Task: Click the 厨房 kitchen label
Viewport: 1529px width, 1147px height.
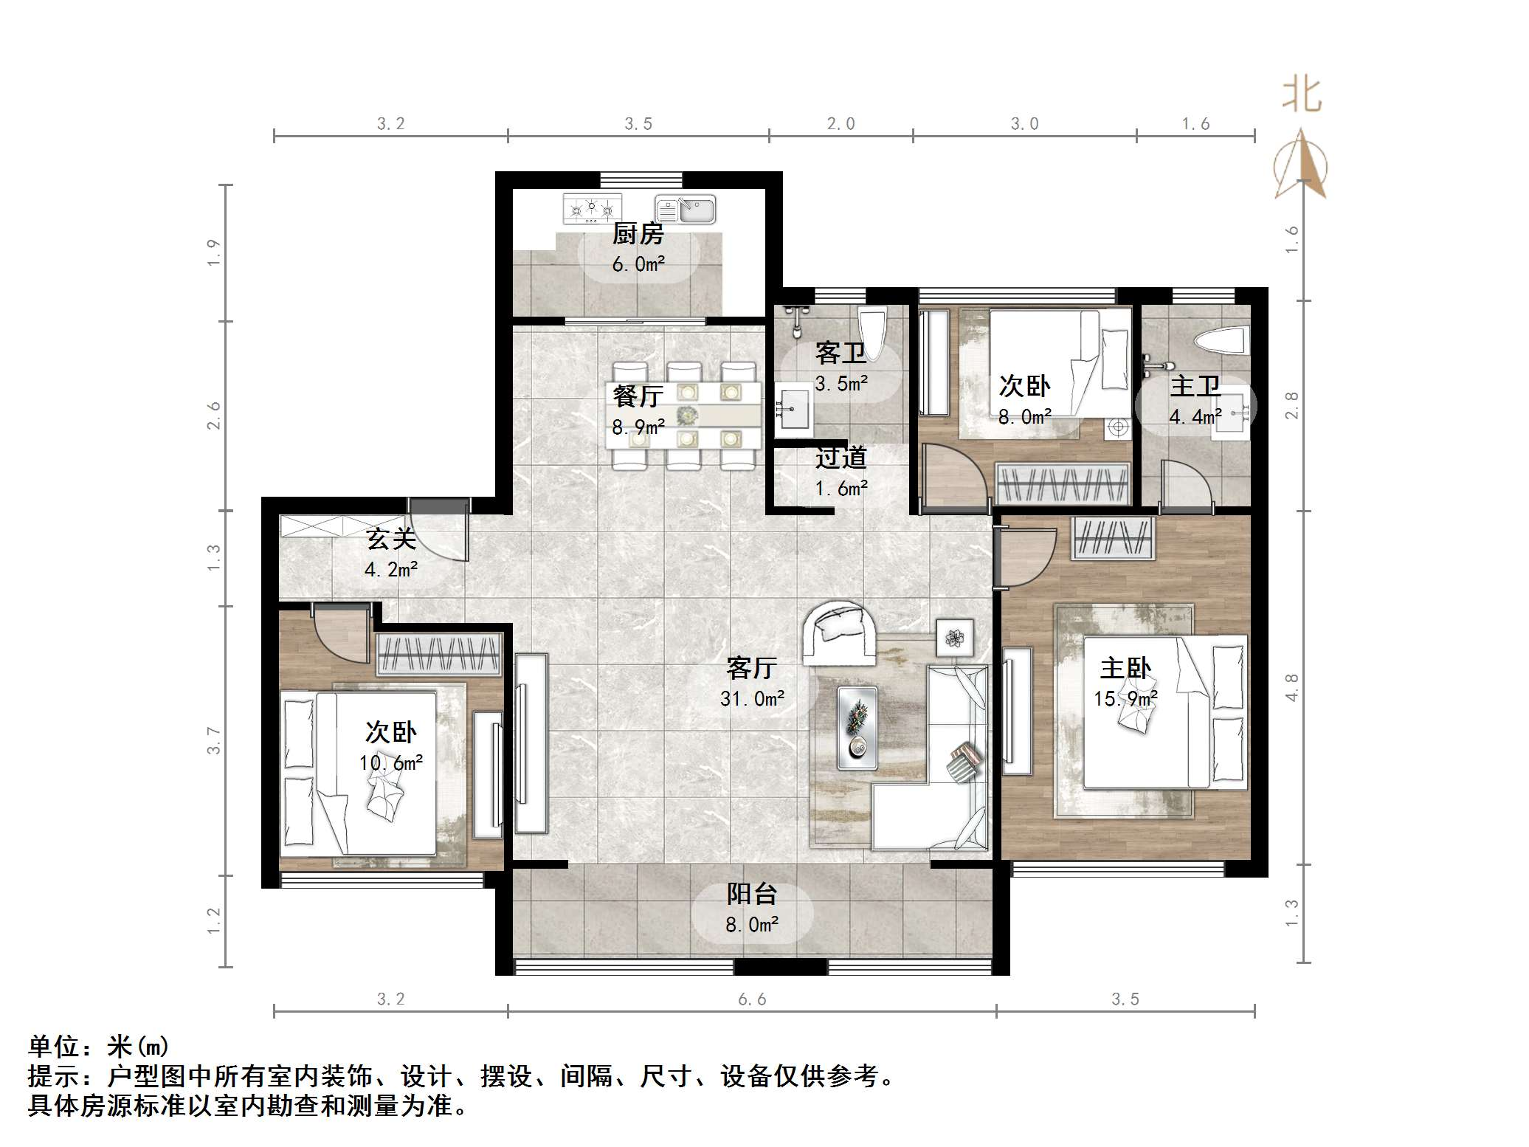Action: tap(638, 234)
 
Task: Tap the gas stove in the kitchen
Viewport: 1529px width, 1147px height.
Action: tap(592, 208)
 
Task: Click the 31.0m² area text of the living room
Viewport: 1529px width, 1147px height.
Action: tap(752, 698)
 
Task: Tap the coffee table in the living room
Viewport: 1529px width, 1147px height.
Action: tap(857, 727)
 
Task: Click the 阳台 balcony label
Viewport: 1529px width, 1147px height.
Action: tap(752, 894)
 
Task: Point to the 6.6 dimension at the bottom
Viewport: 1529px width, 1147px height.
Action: tap(752, 999)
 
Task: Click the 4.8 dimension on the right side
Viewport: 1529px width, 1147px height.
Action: tap(1291, 686)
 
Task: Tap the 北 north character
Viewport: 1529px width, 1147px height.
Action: tap(1301, 96)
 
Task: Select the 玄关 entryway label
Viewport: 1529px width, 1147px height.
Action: tap(391, 539)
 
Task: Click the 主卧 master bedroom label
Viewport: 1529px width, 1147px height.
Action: tap(1125, 668)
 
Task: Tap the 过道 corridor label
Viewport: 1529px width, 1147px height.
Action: tap(841, 458)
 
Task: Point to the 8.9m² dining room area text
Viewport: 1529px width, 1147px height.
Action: tap(638, 427)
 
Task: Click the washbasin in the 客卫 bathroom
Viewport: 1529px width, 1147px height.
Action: tap(794, 410)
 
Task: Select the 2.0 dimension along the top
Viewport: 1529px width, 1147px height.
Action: tap(841, 124)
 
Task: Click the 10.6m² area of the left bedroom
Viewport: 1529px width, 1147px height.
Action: tap(391, 762)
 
